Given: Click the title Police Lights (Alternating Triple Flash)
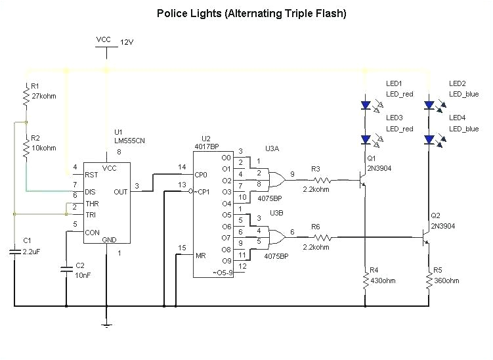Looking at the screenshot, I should tap(251, 13).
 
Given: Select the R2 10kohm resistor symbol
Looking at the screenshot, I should tap(26, 150).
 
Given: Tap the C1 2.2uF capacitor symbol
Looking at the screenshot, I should tap(14, 251).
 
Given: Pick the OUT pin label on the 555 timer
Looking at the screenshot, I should tap(120, 192).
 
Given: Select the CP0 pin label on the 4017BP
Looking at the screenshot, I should tap(202, 175).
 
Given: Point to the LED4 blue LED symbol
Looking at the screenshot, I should tap(429, 139).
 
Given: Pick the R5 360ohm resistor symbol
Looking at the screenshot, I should tap(428, 281).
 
